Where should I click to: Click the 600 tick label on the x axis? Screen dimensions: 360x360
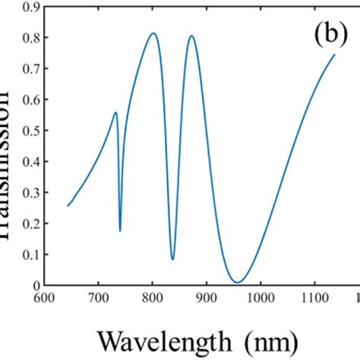(44, 297)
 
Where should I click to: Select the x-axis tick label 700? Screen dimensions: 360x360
(98, 297)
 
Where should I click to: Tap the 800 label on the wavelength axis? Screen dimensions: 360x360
(152, 297)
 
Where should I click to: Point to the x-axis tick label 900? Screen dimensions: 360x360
(206, 297)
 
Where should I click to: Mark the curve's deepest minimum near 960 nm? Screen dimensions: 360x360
(238, 283)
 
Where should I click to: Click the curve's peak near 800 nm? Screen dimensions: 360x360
(153, 33)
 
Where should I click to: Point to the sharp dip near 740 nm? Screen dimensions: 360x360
(120, 230)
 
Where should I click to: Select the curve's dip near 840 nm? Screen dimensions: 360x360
(173, 259)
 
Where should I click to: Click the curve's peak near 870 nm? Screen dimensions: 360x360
(191, 36)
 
